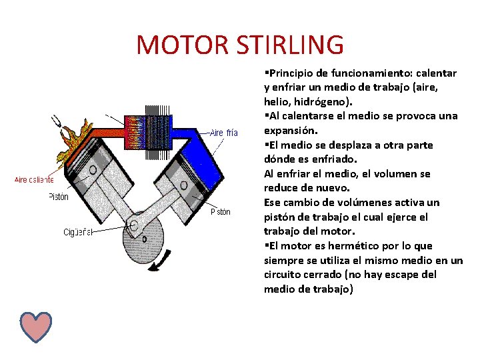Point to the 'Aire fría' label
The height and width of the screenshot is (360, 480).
[224, 133]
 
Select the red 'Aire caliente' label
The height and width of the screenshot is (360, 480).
[34, 180]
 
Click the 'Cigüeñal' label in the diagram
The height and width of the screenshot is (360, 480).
[78, 232]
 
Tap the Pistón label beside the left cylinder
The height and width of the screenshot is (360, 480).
[59, 197]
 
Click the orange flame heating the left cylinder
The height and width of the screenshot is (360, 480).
[75, 140]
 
